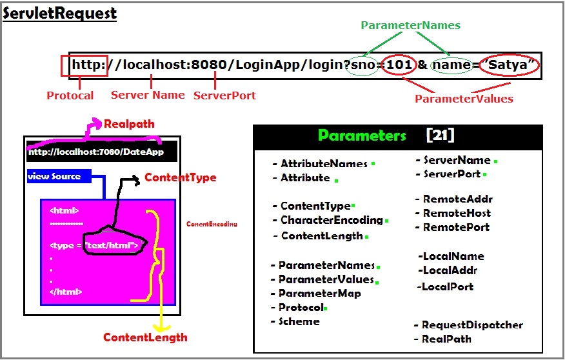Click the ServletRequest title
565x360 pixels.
[60, 14]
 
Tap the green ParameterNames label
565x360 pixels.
[410, 25]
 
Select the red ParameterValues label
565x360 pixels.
[464, 99]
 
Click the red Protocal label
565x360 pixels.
[70, 95]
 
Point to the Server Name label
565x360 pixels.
[148, 95]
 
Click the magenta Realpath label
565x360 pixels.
[129, 123]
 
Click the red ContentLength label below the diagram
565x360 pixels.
[145, 337]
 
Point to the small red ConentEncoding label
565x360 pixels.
[212, 225]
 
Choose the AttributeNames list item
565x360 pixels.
[323, 164]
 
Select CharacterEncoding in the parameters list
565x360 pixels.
[331, 221]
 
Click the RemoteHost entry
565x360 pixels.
[456, 213]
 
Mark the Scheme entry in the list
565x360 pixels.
[298, 321]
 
